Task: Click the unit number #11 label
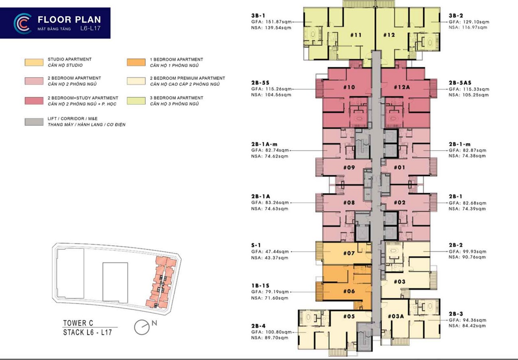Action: (356, 35)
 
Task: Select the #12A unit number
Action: (402, 87)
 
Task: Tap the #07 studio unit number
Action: (349, 253)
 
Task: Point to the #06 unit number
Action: (349, 291)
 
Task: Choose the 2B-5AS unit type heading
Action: (460, 83)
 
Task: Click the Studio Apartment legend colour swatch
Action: (34, 62)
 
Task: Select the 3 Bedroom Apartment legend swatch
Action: (136, 101)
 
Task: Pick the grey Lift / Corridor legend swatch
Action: (34, 122)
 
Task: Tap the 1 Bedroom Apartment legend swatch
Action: (136, 62)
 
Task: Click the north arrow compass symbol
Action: (142, 327)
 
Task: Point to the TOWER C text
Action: (78, 323)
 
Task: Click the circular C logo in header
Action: (22, 23)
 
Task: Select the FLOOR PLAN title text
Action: (69, 20)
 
